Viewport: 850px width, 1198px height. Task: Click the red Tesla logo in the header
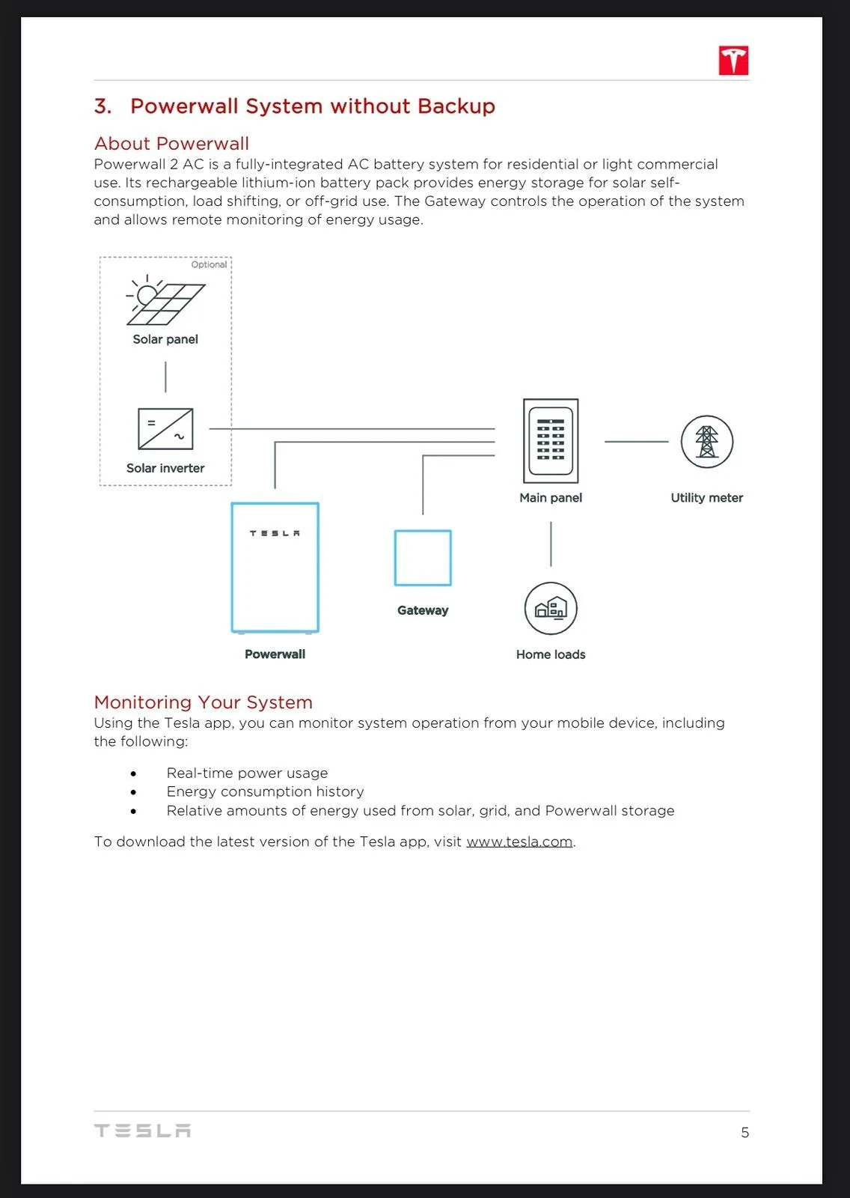click(x=733, y=61)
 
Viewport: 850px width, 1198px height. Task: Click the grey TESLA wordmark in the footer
click(x=142, y=1131)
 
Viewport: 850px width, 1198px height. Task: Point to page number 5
click(x=744, y=1132)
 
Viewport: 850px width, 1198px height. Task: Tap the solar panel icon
click(x=165, y=300)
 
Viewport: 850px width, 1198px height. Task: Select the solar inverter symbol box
click(x=165, y=429)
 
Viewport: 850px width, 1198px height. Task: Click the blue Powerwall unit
click(x=275, y=568)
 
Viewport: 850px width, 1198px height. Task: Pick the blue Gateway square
click(x=422, y=558)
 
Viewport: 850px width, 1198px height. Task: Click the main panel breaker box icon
click(x=551, y=441)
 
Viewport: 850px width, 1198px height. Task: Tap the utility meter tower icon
click(x=707, y=442)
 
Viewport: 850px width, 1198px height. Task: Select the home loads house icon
click(x=551, y=609)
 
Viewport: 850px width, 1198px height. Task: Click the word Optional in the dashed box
click(x=209, y=265)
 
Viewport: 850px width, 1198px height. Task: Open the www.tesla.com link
click(x=519, y=842)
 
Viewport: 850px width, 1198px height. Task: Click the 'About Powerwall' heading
click(x=171, y=143)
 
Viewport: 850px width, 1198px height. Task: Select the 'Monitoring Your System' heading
click(x=203, y=702)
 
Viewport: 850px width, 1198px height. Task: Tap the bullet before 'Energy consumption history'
click(x=133, y=792)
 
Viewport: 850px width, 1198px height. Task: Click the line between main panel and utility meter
click(x=636, y=442)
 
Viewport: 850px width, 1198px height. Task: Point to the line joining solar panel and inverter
click(x=165, y=377)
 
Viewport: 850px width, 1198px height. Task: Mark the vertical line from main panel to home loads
click(x=551, y=544)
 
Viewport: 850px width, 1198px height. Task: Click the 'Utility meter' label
click(x=707, y=498)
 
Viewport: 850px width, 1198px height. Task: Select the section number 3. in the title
click(x=103, y=106)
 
